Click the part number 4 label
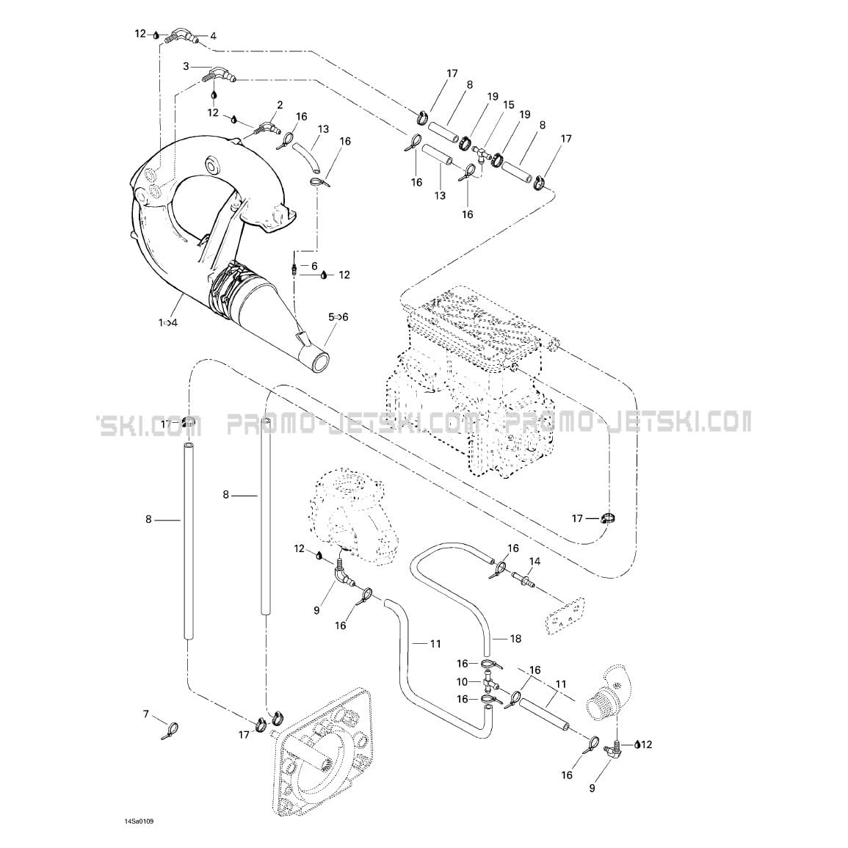(213, 36)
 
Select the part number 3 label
(186, 67)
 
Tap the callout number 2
(280, 105)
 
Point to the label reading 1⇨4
(167, 323)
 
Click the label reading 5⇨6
(338, 317)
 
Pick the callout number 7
(145, 715)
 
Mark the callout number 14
(534, 562)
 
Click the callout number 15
(508, 104)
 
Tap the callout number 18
(515, 639)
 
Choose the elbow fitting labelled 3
(219, 76)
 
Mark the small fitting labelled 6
(294, 269)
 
